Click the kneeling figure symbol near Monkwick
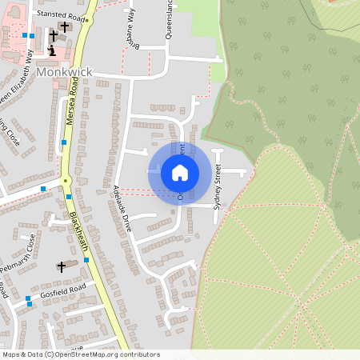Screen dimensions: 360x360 pos(53,50)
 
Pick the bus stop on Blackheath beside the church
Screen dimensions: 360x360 pos(86,261)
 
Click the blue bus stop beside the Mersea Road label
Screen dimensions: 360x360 pos(70,197)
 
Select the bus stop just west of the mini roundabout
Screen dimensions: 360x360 pos(43,189)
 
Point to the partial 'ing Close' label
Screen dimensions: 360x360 pos(8,132)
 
